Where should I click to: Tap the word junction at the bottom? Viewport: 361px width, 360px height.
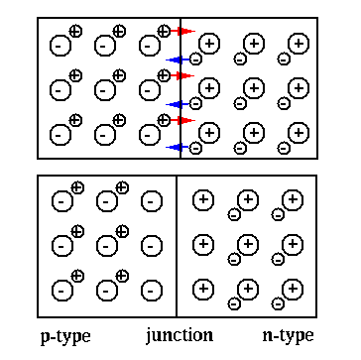[x=179, y=334]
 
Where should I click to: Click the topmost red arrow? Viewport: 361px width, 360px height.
[x=182, y=32]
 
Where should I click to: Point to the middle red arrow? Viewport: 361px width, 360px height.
[x=182, y=76]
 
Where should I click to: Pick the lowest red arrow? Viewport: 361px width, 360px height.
[x=182, y=121]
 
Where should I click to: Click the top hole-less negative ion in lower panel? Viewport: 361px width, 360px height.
[x=152, y=201]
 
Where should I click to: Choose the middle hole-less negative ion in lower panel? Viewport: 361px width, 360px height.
[x=152, y=245]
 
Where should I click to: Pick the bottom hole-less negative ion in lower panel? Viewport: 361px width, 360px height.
[x=152, y=290]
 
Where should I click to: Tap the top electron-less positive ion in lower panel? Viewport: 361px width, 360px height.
[x=203, y=200]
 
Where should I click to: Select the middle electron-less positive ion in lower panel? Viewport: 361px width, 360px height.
[x=203, y=244]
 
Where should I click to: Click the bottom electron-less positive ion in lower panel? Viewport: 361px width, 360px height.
[x=203, y=289]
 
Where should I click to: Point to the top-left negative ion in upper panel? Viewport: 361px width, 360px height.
[x=60, y=46]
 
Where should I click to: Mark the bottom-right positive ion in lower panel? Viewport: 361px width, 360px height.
[x=293, y=289]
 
